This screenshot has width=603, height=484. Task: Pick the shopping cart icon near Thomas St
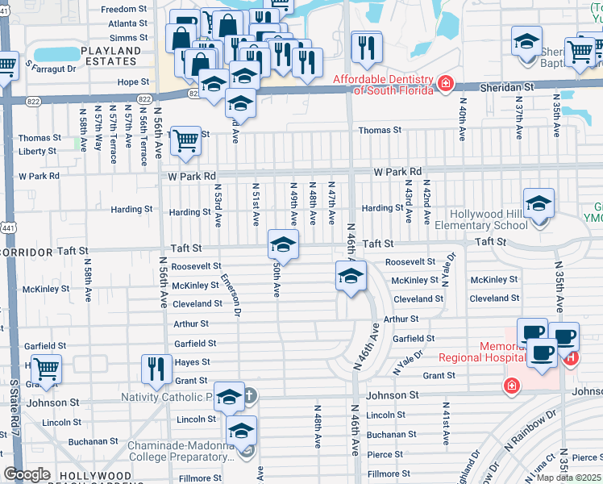coord(185,140)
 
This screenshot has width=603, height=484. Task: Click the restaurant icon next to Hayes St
coord(156,368)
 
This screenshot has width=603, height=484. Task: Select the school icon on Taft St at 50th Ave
coord(283,244)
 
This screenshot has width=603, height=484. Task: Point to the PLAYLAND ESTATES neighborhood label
coord(110,56)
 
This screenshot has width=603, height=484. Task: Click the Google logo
coord(27,474)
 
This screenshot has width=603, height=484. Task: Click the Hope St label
coord(133,82)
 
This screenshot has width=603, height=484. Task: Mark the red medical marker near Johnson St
coord(510,387)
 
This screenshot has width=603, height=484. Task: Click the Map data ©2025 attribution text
coord(568,478)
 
